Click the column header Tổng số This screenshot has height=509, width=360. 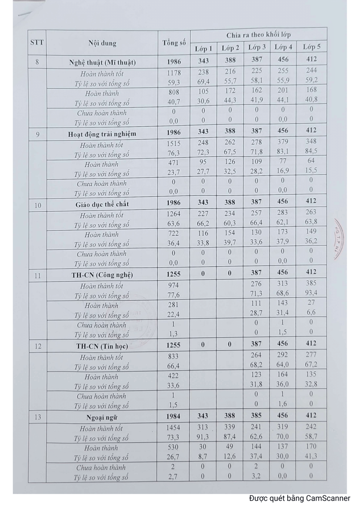pos(174,43)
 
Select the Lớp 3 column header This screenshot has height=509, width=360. pos(257,47)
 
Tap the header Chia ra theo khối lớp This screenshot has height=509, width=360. pos(258,35)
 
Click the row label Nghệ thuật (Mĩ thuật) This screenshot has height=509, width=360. pos(102,62)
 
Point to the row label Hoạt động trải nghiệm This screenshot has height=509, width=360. pos(102,134)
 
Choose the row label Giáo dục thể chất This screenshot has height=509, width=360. pos(102,204)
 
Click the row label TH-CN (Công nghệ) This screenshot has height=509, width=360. pos(102,275)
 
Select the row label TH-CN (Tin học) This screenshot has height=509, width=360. pos(102,346)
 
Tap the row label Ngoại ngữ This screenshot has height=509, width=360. pos(102,417)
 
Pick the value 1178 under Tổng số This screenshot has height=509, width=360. pos(174,73)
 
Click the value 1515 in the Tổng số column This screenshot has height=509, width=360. pos(174,144)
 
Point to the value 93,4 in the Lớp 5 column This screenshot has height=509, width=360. pos(311,293)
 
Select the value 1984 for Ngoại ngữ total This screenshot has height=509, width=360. pos(174,416)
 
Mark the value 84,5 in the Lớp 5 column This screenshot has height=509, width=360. pos(311,151)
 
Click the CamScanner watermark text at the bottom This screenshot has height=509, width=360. pos(299,498)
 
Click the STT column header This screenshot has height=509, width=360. pos(37,42)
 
